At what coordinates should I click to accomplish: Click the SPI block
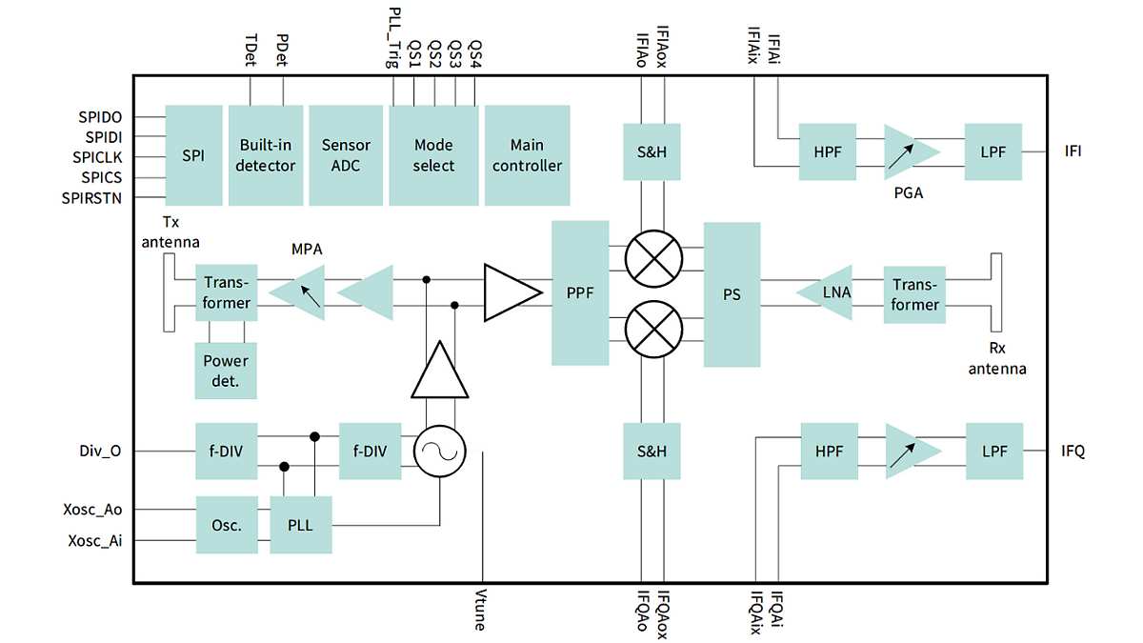click(193, 154)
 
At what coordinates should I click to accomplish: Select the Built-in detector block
click(266, 154)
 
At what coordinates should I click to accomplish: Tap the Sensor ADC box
click(346, 154)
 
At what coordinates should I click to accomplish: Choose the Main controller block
click(527, 154)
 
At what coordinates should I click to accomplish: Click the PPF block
click(580, 292)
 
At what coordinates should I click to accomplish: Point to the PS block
click(732, 294)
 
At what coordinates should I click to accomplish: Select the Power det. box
click(226, 371)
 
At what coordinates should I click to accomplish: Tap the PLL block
click(300, 525)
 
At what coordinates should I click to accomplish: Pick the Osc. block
click(226, 525)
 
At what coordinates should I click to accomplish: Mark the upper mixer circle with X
click(654, 257)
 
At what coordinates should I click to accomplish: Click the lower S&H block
click(652, 452)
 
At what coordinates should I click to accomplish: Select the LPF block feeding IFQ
click(993, 452)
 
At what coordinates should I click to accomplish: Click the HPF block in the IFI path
click(829, 151)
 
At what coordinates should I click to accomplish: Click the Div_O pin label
click(101, 452)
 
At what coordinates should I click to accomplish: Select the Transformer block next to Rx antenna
click(914, 294)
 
